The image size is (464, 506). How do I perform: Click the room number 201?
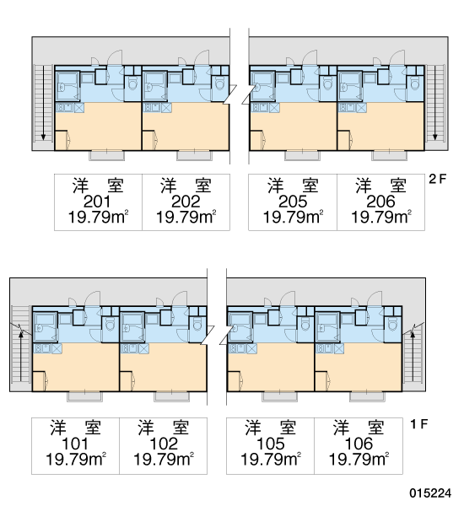click(97, 202)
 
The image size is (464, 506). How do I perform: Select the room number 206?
click(380, 202)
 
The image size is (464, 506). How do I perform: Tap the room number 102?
click(164, 444)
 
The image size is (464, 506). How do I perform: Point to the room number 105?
click(271, 444)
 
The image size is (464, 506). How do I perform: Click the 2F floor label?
click(437, 179)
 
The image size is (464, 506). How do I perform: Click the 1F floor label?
click(418, 423)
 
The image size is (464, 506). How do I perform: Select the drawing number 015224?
click(430, 493)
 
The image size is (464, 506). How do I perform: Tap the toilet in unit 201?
click(132, 83)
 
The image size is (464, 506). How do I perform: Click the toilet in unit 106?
click(392, 325)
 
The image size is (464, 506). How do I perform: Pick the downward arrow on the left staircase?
click(43, 103)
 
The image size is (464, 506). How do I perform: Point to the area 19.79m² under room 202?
click(186, 218)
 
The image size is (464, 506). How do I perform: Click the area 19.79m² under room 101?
click(76, 459)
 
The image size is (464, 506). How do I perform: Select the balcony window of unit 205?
click(303, 155)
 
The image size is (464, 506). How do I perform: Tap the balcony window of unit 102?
click(172, 396)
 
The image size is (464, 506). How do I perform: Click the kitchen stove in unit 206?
click(346, 108)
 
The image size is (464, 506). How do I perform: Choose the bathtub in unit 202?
click(154, 87)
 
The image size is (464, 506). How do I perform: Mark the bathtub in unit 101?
click(45, 327)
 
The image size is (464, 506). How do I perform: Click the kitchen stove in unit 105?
click(237, 348)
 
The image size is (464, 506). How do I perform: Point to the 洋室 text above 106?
click(359, 428)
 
